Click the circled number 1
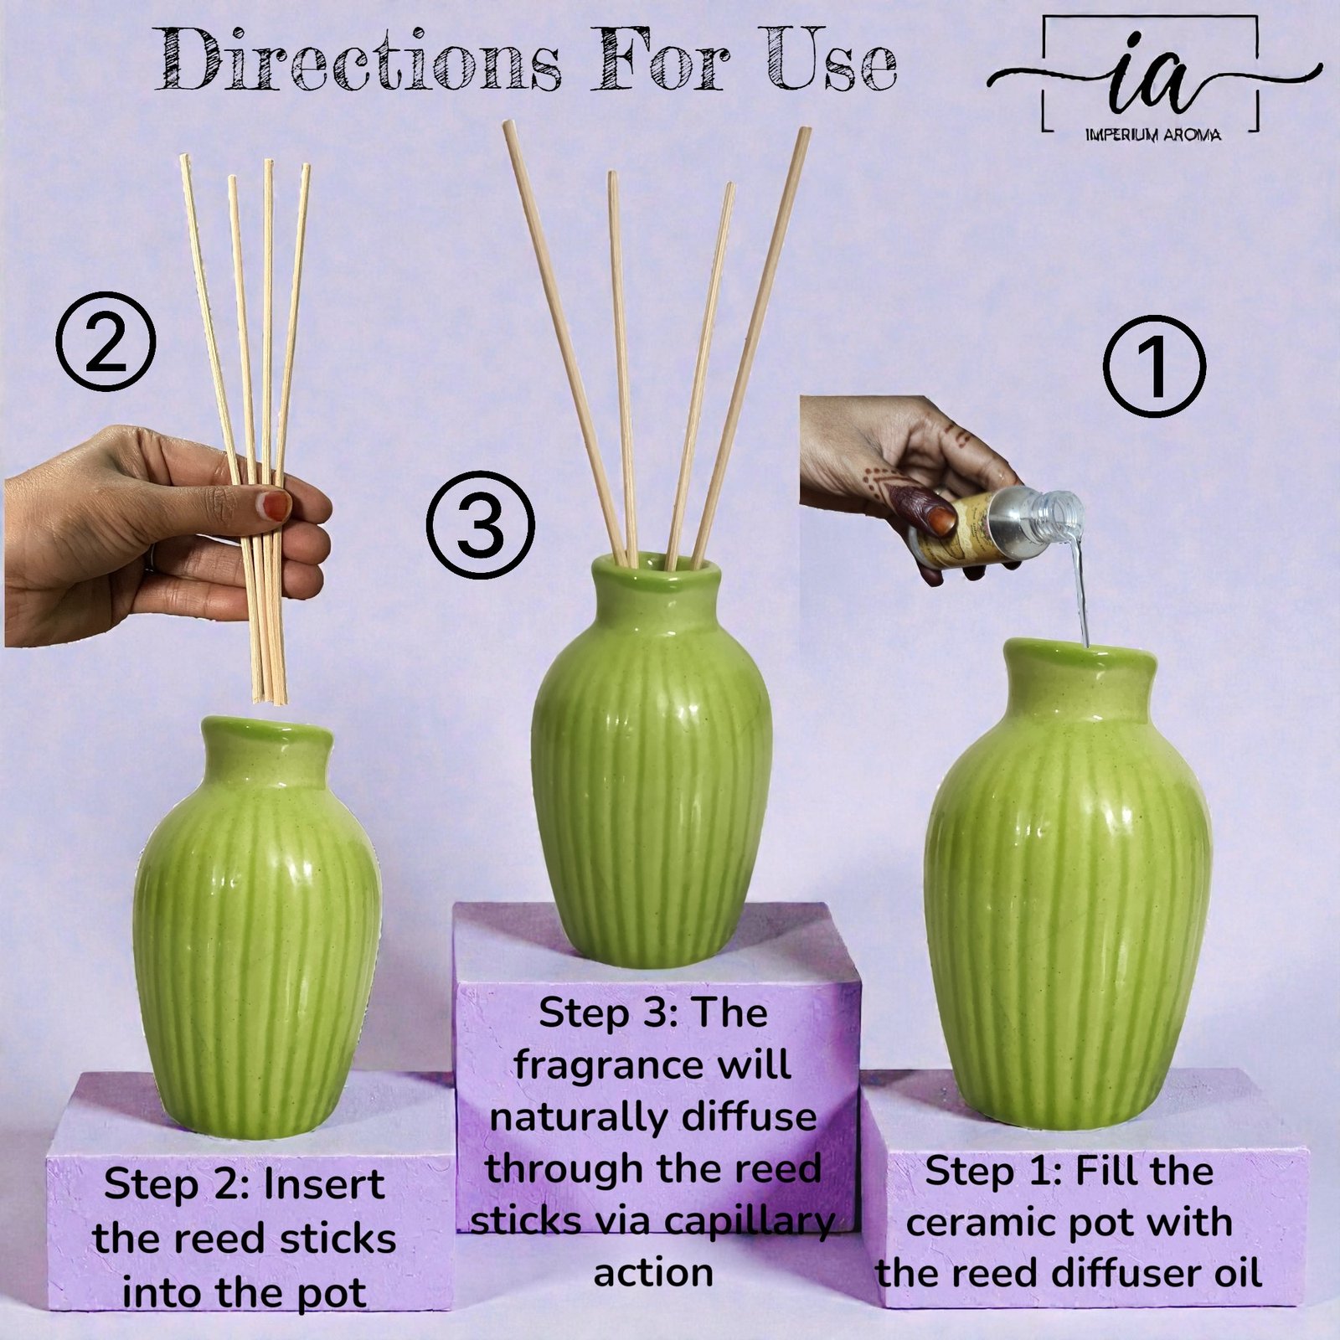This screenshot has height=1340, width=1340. click(1153, 367)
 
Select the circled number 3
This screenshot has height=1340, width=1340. click(479, 523)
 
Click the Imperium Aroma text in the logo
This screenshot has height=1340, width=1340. click(1152, 134)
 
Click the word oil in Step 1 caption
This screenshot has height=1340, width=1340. click(1237, 1273)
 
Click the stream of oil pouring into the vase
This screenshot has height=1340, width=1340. click(1080, 590)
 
